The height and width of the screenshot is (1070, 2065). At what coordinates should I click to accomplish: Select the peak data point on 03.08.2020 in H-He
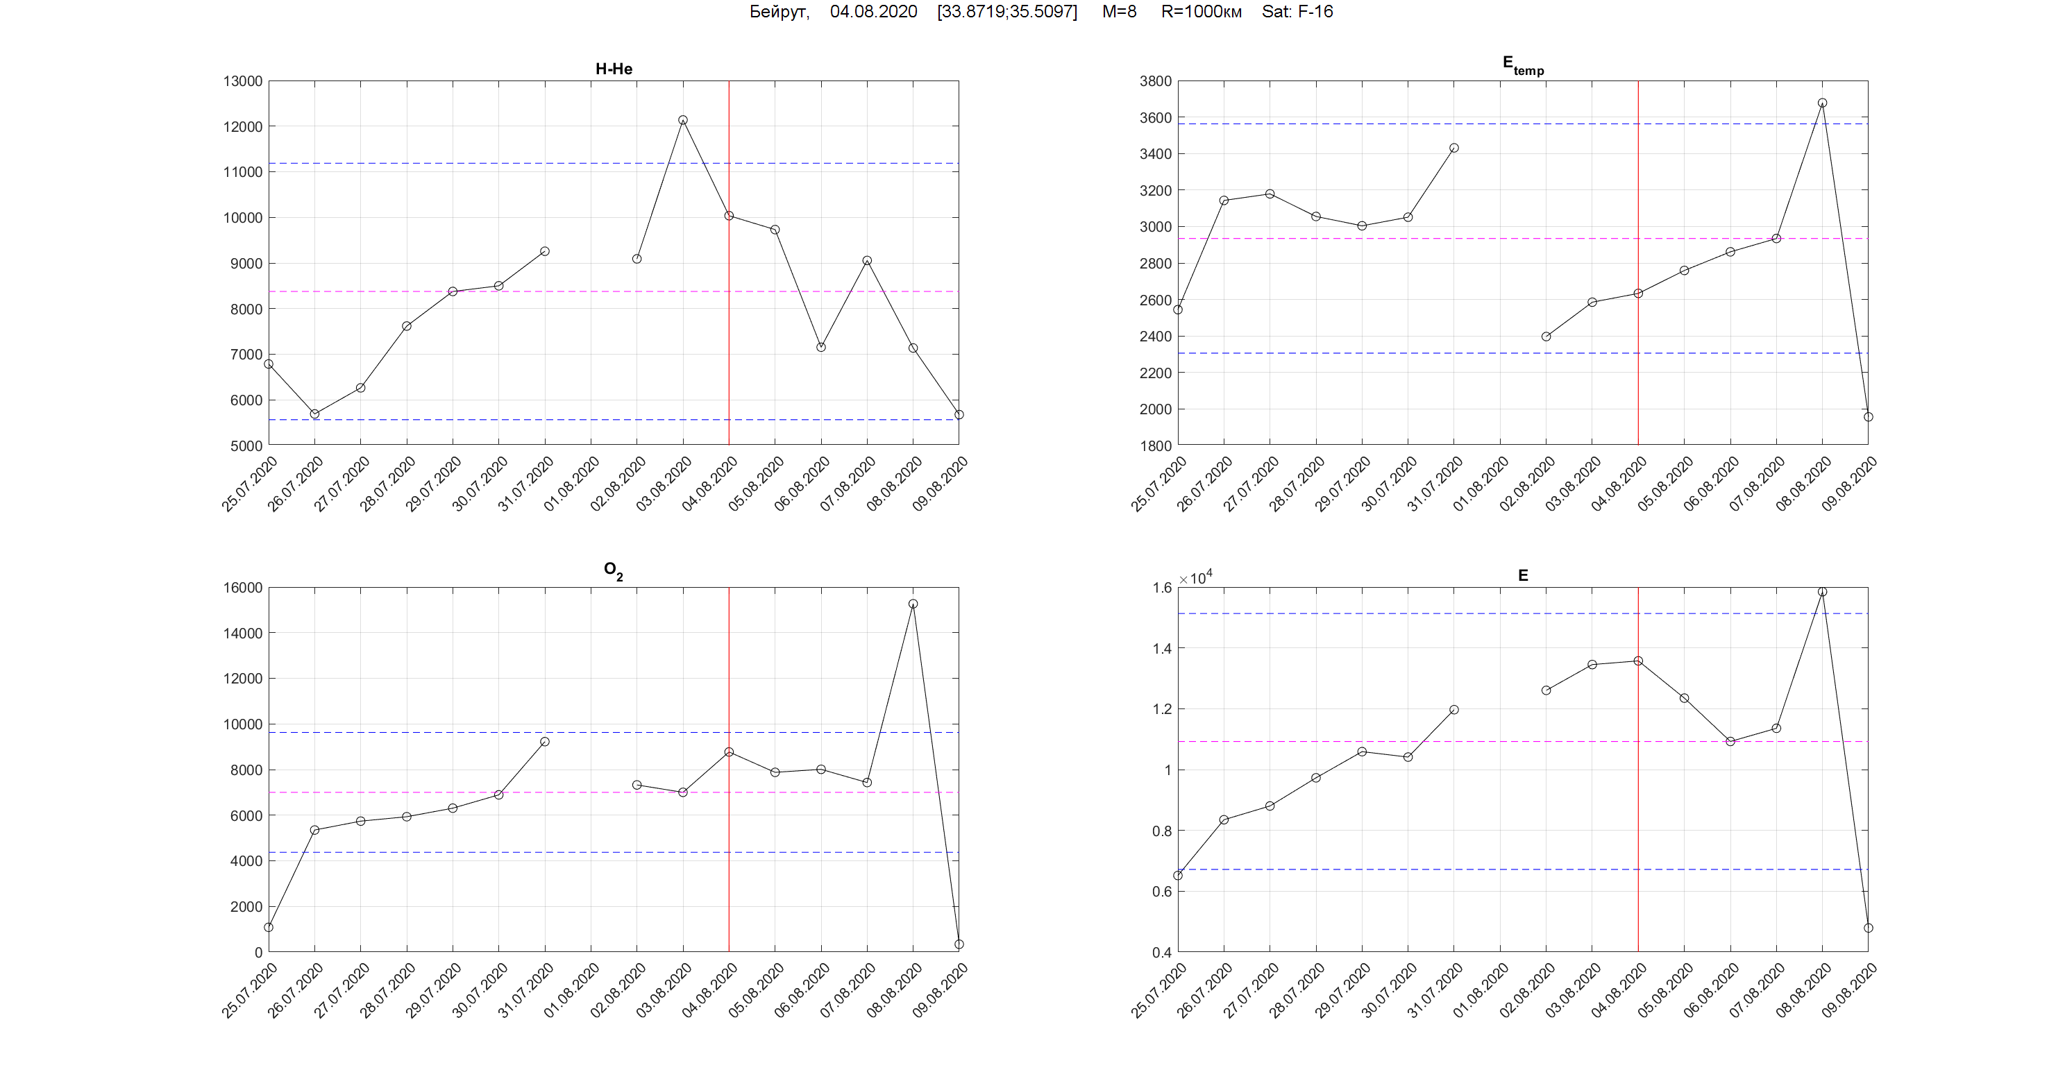[x=683, y=120]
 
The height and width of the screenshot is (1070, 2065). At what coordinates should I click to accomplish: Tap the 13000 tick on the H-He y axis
[x=242, y=81]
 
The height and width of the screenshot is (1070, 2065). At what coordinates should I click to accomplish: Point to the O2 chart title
[x=613, y=570]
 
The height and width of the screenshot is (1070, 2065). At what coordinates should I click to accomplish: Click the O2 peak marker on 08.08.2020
[x=913, y=604]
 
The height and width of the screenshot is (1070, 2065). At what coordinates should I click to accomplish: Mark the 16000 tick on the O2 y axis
[x=242, y=588]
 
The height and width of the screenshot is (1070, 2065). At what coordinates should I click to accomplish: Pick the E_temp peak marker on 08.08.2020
[x=1822, y=103]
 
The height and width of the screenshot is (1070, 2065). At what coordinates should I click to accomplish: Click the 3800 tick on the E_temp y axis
[x=1155, y=81]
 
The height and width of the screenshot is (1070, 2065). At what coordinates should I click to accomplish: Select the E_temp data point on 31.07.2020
[x=1454, y=148]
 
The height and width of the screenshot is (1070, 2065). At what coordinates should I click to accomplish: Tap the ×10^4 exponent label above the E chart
[x=1195, y=578]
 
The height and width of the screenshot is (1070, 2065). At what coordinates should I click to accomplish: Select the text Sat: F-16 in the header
[x=1297, y=12]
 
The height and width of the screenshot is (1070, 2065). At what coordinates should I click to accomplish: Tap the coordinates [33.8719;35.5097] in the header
[x=1007, y=12]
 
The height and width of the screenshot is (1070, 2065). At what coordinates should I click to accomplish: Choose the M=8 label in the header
[x=1119, y=12]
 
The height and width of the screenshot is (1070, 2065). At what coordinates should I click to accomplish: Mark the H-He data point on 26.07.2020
[x=314, y=414]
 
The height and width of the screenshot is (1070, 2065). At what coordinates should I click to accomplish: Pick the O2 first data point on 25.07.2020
[x=269, y=927]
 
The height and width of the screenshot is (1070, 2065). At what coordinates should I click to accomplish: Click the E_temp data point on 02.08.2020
[x=1546, y=337]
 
